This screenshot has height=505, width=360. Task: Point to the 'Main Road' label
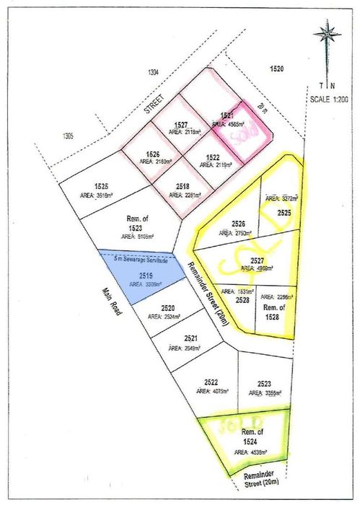click(x=113, y=304)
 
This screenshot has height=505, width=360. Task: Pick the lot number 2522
click(x=211, y=381)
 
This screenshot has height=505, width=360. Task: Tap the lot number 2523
click(x=263, y=384)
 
